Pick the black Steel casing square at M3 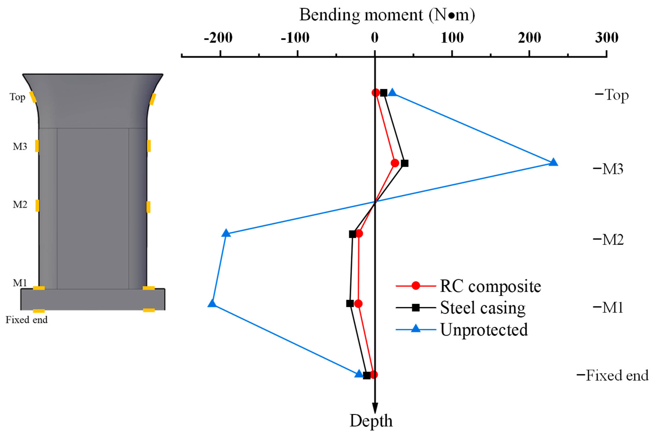[x=405, y=163]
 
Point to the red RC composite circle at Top [x=376, y=93]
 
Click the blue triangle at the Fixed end [x=359, y=374]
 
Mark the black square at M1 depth [x=350, y=304]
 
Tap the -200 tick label [x=218, y=38]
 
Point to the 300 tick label [x=607, y=38]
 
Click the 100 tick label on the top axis [x=452, y=38]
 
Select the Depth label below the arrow [x=371, y=421]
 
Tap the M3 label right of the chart [x=612, y=169]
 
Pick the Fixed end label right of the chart [x=617, y=375]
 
